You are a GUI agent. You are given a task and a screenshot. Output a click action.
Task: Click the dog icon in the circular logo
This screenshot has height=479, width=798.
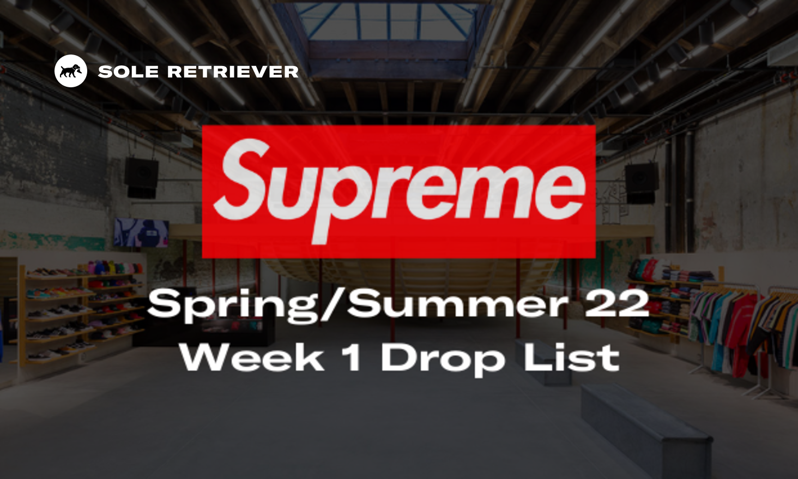70,71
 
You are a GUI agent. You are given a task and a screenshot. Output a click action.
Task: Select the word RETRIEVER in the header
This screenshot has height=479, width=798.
233,71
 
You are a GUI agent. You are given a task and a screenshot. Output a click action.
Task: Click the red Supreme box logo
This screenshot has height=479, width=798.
398,191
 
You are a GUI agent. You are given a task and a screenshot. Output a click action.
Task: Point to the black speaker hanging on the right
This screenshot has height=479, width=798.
641,183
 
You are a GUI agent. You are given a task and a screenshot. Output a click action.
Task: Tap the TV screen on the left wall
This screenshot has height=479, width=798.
141,233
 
